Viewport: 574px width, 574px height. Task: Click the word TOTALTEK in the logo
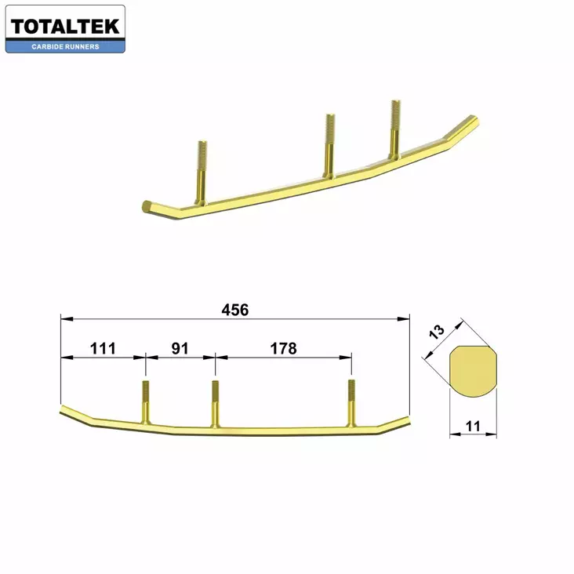[65, 27]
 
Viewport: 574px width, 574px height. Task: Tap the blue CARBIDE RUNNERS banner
[65, 46]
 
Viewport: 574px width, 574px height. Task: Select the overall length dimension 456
[234, 310]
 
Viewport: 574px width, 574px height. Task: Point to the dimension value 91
[180, 348]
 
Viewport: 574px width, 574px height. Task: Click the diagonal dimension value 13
[438, 331]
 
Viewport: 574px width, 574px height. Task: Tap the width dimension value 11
[472, 427]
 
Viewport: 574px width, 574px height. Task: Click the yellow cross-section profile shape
[474, 372]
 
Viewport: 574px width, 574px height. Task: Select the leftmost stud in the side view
[146, 400]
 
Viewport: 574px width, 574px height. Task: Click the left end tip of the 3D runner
[147, 207]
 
